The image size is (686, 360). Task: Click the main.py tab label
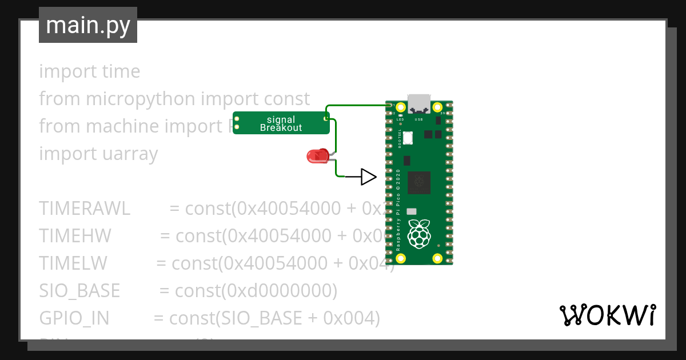88,25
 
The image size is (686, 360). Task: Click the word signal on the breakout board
281,119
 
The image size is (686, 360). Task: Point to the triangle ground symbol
369,177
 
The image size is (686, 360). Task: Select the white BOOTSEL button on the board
408,138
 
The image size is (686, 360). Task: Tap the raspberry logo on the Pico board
420,233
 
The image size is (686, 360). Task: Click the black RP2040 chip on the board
421,183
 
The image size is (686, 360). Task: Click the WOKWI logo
607,315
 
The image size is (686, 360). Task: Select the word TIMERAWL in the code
85,208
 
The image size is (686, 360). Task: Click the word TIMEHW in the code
75,235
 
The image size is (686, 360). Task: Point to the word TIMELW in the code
73,263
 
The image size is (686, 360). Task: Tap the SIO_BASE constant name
79,291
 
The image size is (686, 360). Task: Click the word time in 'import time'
121,71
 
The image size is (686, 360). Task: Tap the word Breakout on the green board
281,128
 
